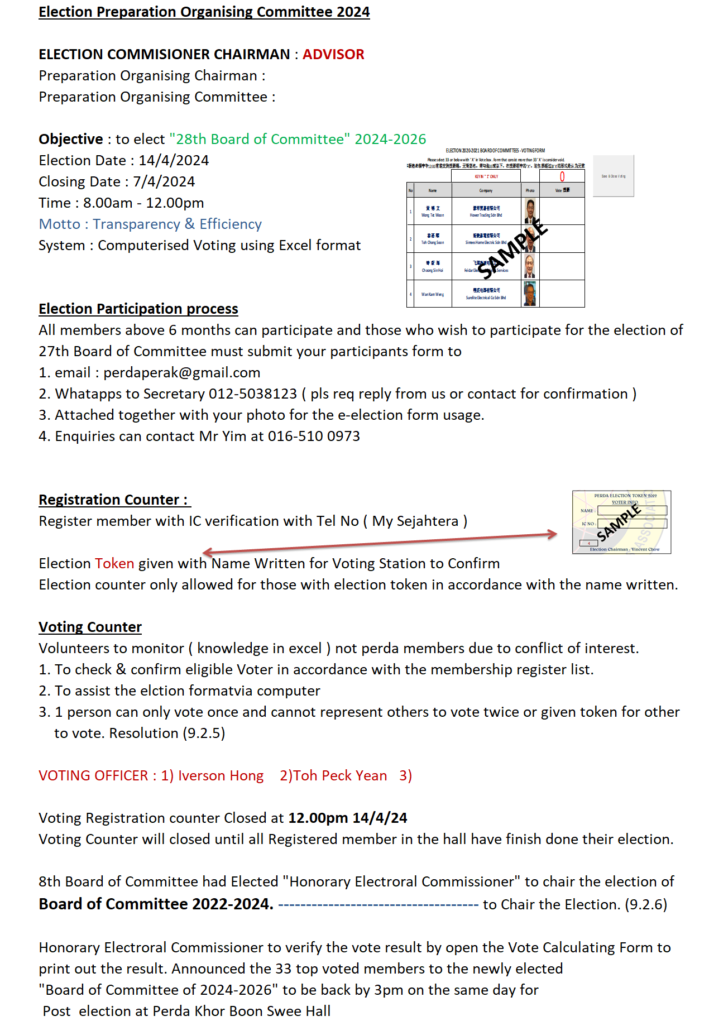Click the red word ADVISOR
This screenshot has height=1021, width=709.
tap(333, 54)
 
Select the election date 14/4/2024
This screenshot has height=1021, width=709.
tap(174, 161)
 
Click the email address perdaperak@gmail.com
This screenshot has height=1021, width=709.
tap(182, 373)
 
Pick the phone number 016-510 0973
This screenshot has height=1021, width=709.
tap(314, 437)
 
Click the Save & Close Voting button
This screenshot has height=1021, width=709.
tap(613, 176)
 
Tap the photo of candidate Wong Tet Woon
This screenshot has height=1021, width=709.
tap(530, 212)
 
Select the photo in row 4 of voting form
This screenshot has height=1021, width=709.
tap(530, 294)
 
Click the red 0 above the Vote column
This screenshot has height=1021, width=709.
tap(562, 176)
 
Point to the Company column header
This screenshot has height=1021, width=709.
tap(486, 190)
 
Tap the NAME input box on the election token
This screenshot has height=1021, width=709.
tap(632, 510)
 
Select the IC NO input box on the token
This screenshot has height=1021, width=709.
tap(632, 524)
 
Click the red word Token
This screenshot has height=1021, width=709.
tap(114, 564)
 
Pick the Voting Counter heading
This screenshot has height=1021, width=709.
tap(90, 627)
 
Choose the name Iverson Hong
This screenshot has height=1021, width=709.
tap(221, 776)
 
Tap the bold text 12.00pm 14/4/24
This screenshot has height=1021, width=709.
tap(347, 818)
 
